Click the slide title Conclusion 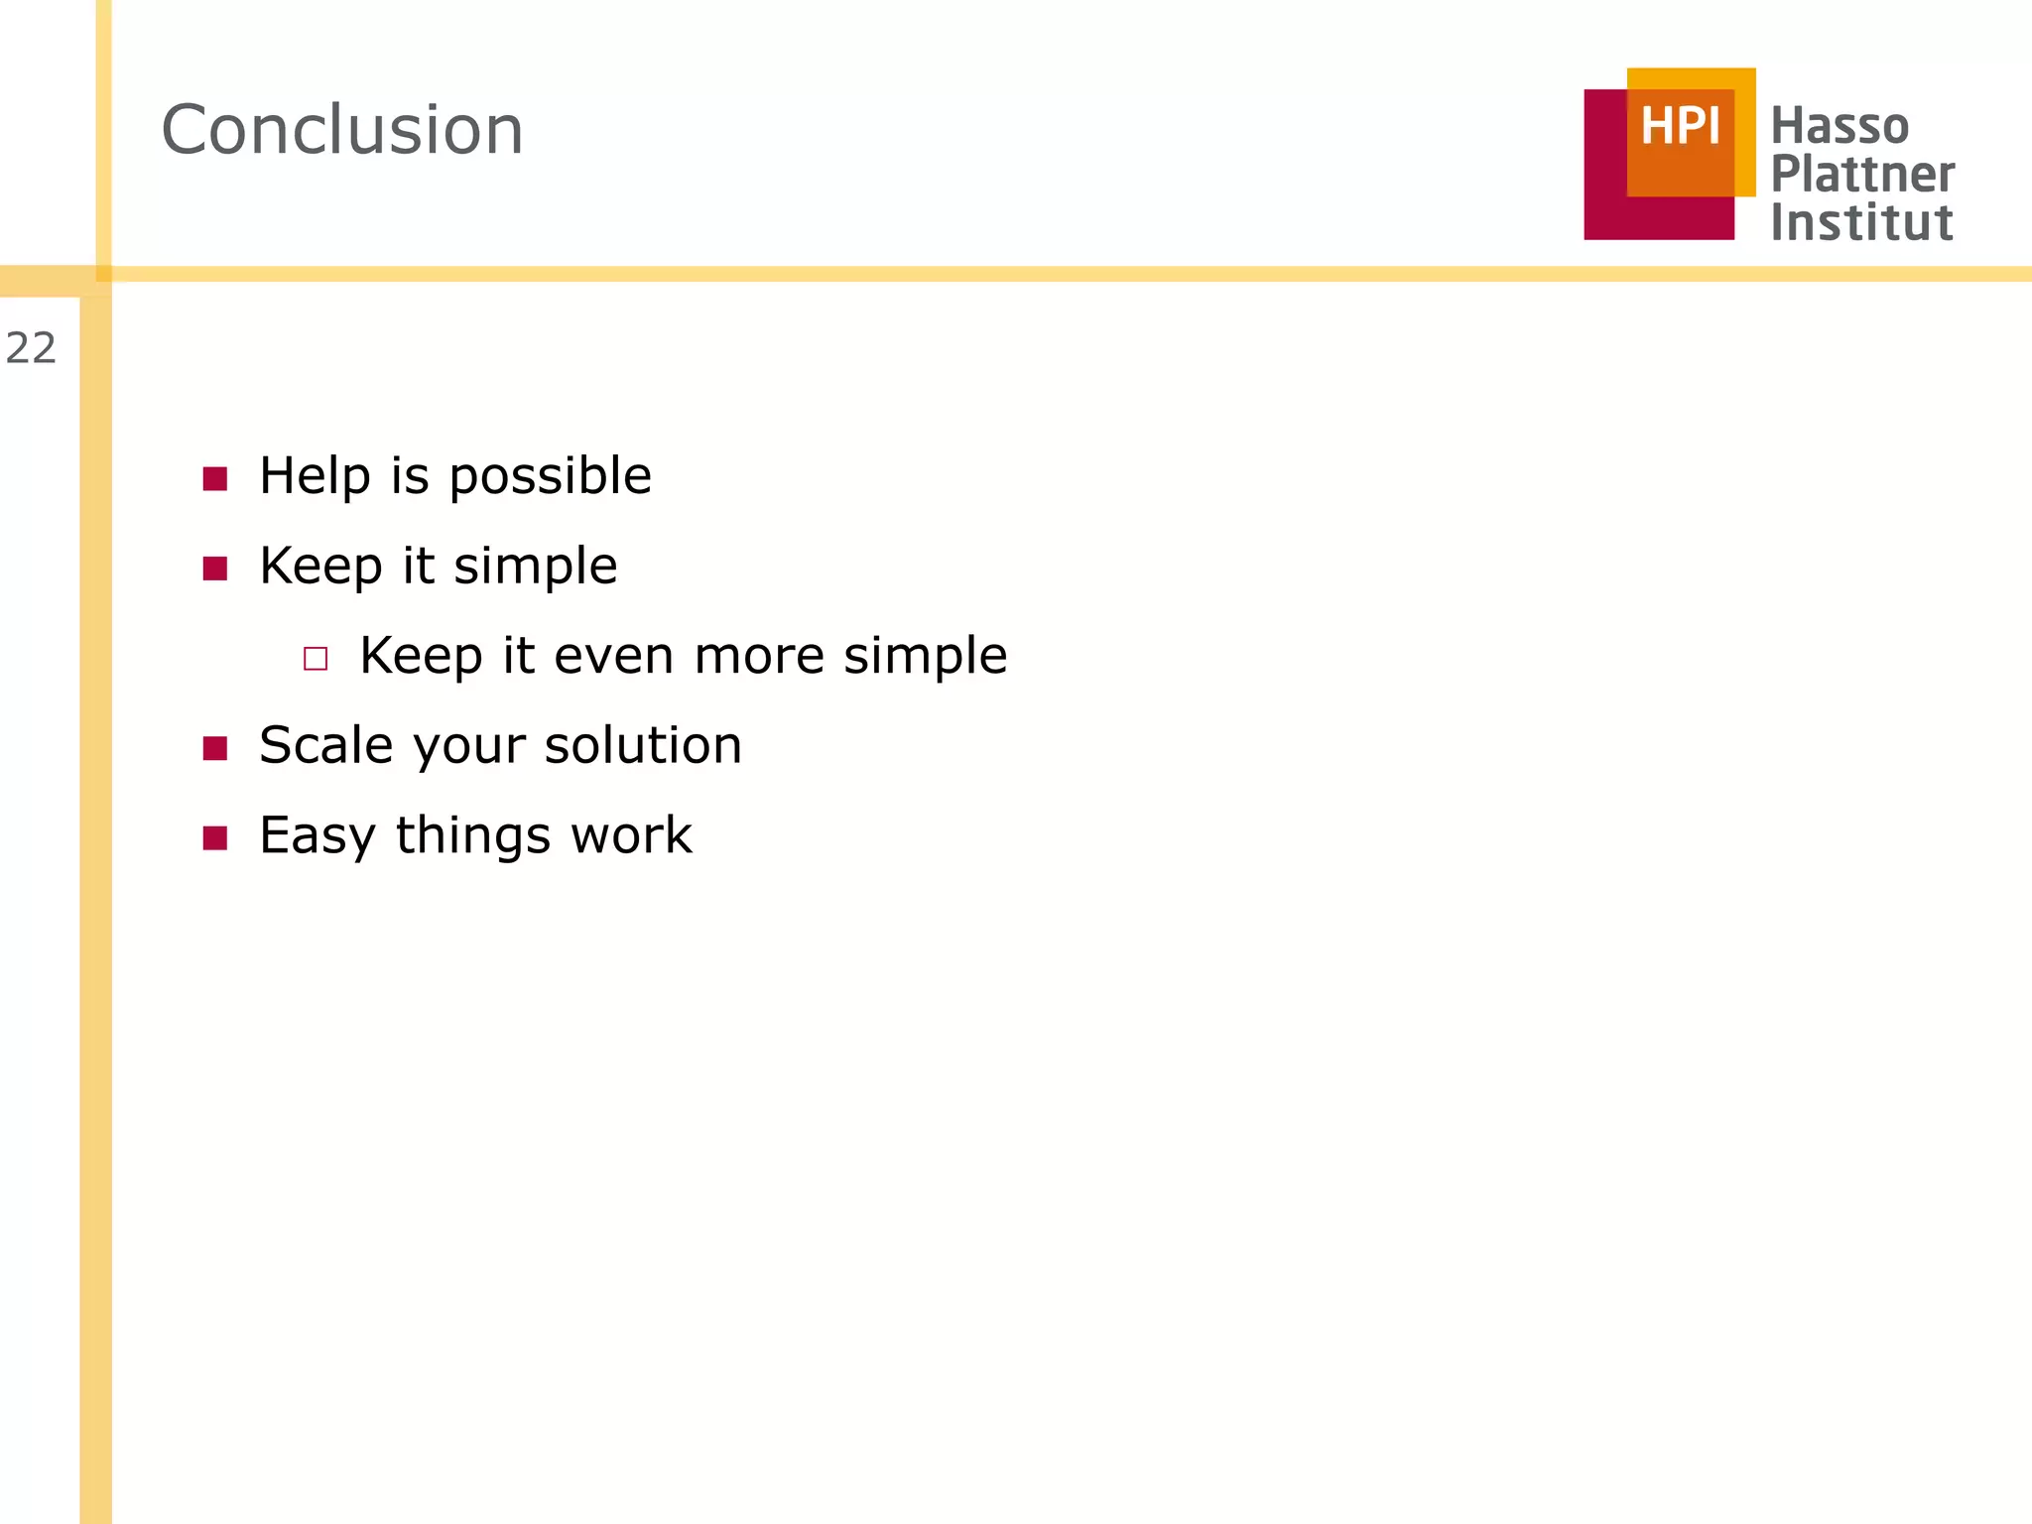click(342, 130)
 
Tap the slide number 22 click(31, 348)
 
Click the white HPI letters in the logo click(1679, 127)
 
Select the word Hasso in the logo click(1840, 127)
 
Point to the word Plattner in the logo click(1862, 175)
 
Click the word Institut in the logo click(1861, 222)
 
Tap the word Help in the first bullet click(316, 475)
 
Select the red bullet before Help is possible click(215, 479)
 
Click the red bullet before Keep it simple click(215, 569)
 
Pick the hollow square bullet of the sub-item click(316, 659)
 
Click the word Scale click(326, 745)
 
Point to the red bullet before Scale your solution click(215, 748)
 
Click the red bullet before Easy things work click(215, 838)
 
